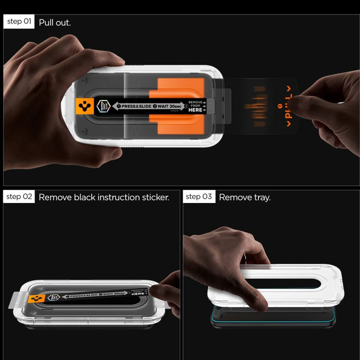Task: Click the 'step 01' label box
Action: (x=20, y=22)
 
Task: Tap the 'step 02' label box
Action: (x=20, y=197)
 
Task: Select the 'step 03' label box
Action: (x=199, y=197)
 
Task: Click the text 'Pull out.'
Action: (x=55, y=23)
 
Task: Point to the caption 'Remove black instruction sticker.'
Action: (x=104, y=197)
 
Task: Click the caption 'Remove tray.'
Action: (x=245, y=197)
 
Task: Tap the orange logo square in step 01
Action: (x=82, y=106)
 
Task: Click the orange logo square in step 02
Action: (x=36, y=299)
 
